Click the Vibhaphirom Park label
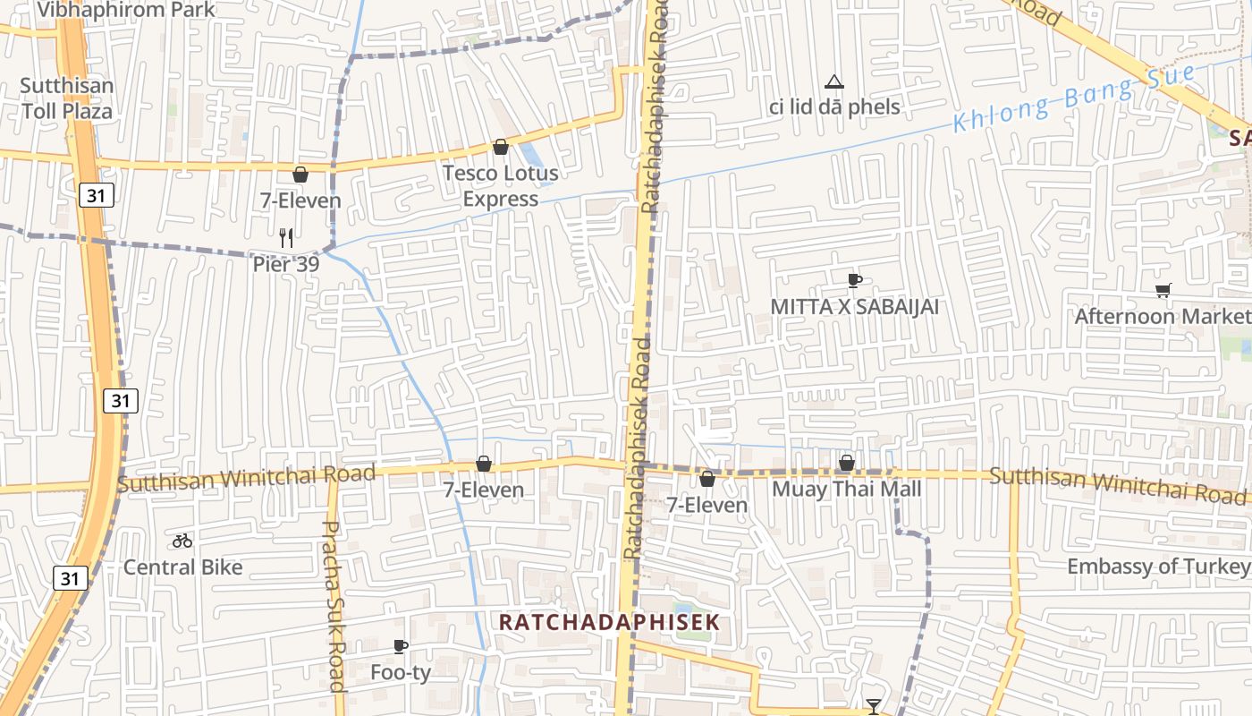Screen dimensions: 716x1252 pos(125,10)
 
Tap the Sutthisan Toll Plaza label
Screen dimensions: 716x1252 pos(67,98)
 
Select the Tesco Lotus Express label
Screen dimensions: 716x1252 pos(501,185)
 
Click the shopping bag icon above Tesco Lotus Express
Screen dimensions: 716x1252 pos(501,147)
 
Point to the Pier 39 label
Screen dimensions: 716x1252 pos(285,264)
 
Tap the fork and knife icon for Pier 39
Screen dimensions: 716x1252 pos(286,237)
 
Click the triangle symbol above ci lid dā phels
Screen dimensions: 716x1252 pos(834,83)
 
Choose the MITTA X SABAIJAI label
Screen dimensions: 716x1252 pos(855,307)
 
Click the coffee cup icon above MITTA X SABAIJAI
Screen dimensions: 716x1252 pos(854,280)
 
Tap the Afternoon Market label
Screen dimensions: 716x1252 pos(1163,316)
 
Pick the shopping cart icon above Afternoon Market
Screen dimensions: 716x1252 pos(1163,290)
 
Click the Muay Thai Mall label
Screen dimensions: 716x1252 pos(846,489)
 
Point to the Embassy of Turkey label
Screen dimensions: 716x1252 pos(1158,567)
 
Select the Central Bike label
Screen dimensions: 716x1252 pos(182,567)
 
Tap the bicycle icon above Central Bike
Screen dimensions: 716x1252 pos(182,541)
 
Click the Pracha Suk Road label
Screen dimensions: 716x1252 pos(333,607)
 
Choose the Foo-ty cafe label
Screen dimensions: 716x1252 pos(401,672)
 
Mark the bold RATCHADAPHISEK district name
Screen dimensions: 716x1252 pos(609,622)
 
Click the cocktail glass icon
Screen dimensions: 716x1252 pos(874,706)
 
